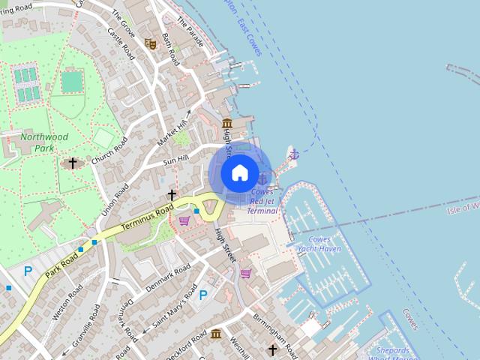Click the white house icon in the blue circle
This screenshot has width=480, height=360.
(x=239, y=173)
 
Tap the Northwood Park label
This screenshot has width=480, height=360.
(x=44, y=142)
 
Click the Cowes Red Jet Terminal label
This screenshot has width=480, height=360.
(x=262, y=201)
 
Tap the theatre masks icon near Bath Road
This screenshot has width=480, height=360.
(x=150, y=43)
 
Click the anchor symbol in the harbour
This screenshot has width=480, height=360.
(x=295, y=154)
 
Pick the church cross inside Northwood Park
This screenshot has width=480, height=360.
(x=73, y=162)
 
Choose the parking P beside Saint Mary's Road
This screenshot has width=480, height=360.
(x=202, y=295)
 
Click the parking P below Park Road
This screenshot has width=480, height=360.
(x=28, y=271)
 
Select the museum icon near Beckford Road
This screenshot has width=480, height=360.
(x=216, y=334)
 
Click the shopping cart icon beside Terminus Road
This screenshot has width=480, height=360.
(x=184, y=220)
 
